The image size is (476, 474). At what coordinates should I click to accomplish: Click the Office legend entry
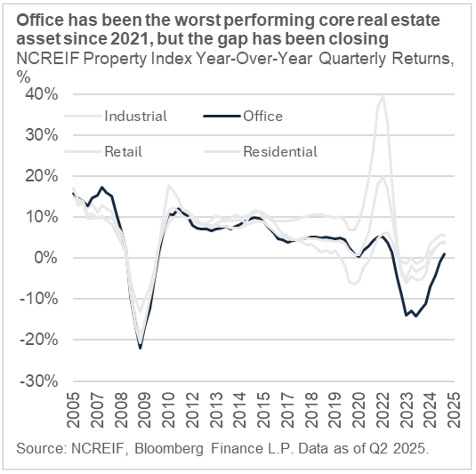pyautogui.click(x=263, y=116)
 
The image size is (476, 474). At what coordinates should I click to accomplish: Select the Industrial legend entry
pyautogui.click(x=135, y=116)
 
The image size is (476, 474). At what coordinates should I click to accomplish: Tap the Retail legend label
pyautogui.click(x=123, y=151)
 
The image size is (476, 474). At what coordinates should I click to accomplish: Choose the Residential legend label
pyautogui.click(x=280, y=151)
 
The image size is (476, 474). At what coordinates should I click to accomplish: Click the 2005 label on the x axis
pyautogui.click(x=73, y=408)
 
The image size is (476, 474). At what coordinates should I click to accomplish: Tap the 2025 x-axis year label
pyautogui.click(x=454, y=408)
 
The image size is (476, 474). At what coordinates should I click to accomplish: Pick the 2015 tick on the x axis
pyautogui.click(x=263, y=408)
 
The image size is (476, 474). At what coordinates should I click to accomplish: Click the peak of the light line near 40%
pyautogui.click(x=383, y=95)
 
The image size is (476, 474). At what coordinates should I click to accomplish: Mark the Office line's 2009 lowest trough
pyautogui.click(x=140, y=348)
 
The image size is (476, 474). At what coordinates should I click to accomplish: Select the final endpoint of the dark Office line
pyautogui.click(x=444, y=254)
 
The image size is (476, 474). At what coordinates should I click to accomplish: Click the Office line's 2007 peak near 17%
pyautogui.click(x=102, y=187)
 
